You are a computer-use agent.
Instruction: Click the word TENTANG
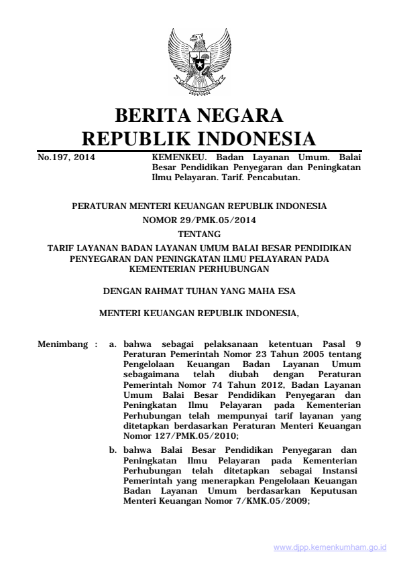click(199, 234)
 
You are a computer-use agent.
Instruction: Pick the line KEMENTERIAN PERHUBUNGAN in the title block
click(199, 270)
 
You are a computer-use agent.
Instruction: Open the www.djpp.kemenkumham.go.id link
click(330, 547)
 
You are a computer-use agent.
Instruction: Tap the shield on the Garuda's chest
click(199, 64)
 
